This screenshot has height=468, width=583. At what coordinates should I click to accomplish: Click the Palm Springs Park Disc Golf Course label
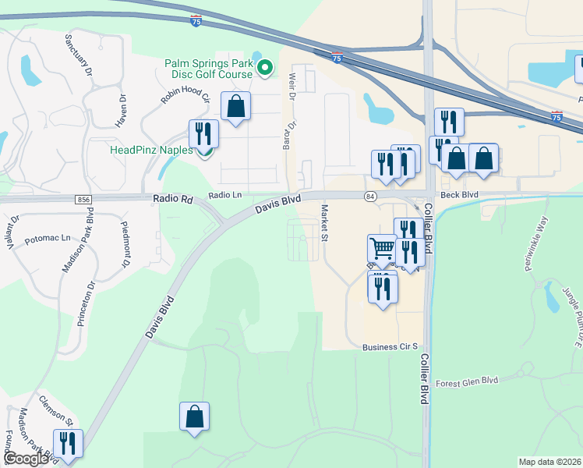coord(208,69)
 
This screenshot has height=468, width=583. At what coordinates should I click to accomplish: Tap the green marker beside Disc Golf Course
coord(265,69)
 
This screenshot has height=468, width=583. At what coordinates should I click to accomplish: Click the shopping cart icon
coord(382,249)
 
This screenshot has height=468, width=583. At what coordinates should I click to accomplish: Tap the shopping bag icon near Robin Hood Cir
coord(235,106)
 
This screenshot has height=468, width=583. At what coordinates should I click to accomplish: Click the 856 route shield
coord(84,200)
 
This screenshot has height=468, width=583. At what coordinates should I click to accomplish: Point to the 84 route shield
coord(369,195)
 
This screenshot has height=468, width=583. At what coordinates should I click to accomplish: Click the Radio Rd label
coord(176,200)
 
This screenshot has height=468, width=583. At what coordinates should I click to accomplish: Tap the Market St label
coord(323,222)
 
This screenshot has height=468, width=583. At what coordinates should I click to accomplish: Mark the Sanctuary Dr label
coord(79,52)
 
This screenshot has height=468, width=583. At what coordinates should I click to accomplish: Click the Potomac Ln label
coord(48,238)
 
